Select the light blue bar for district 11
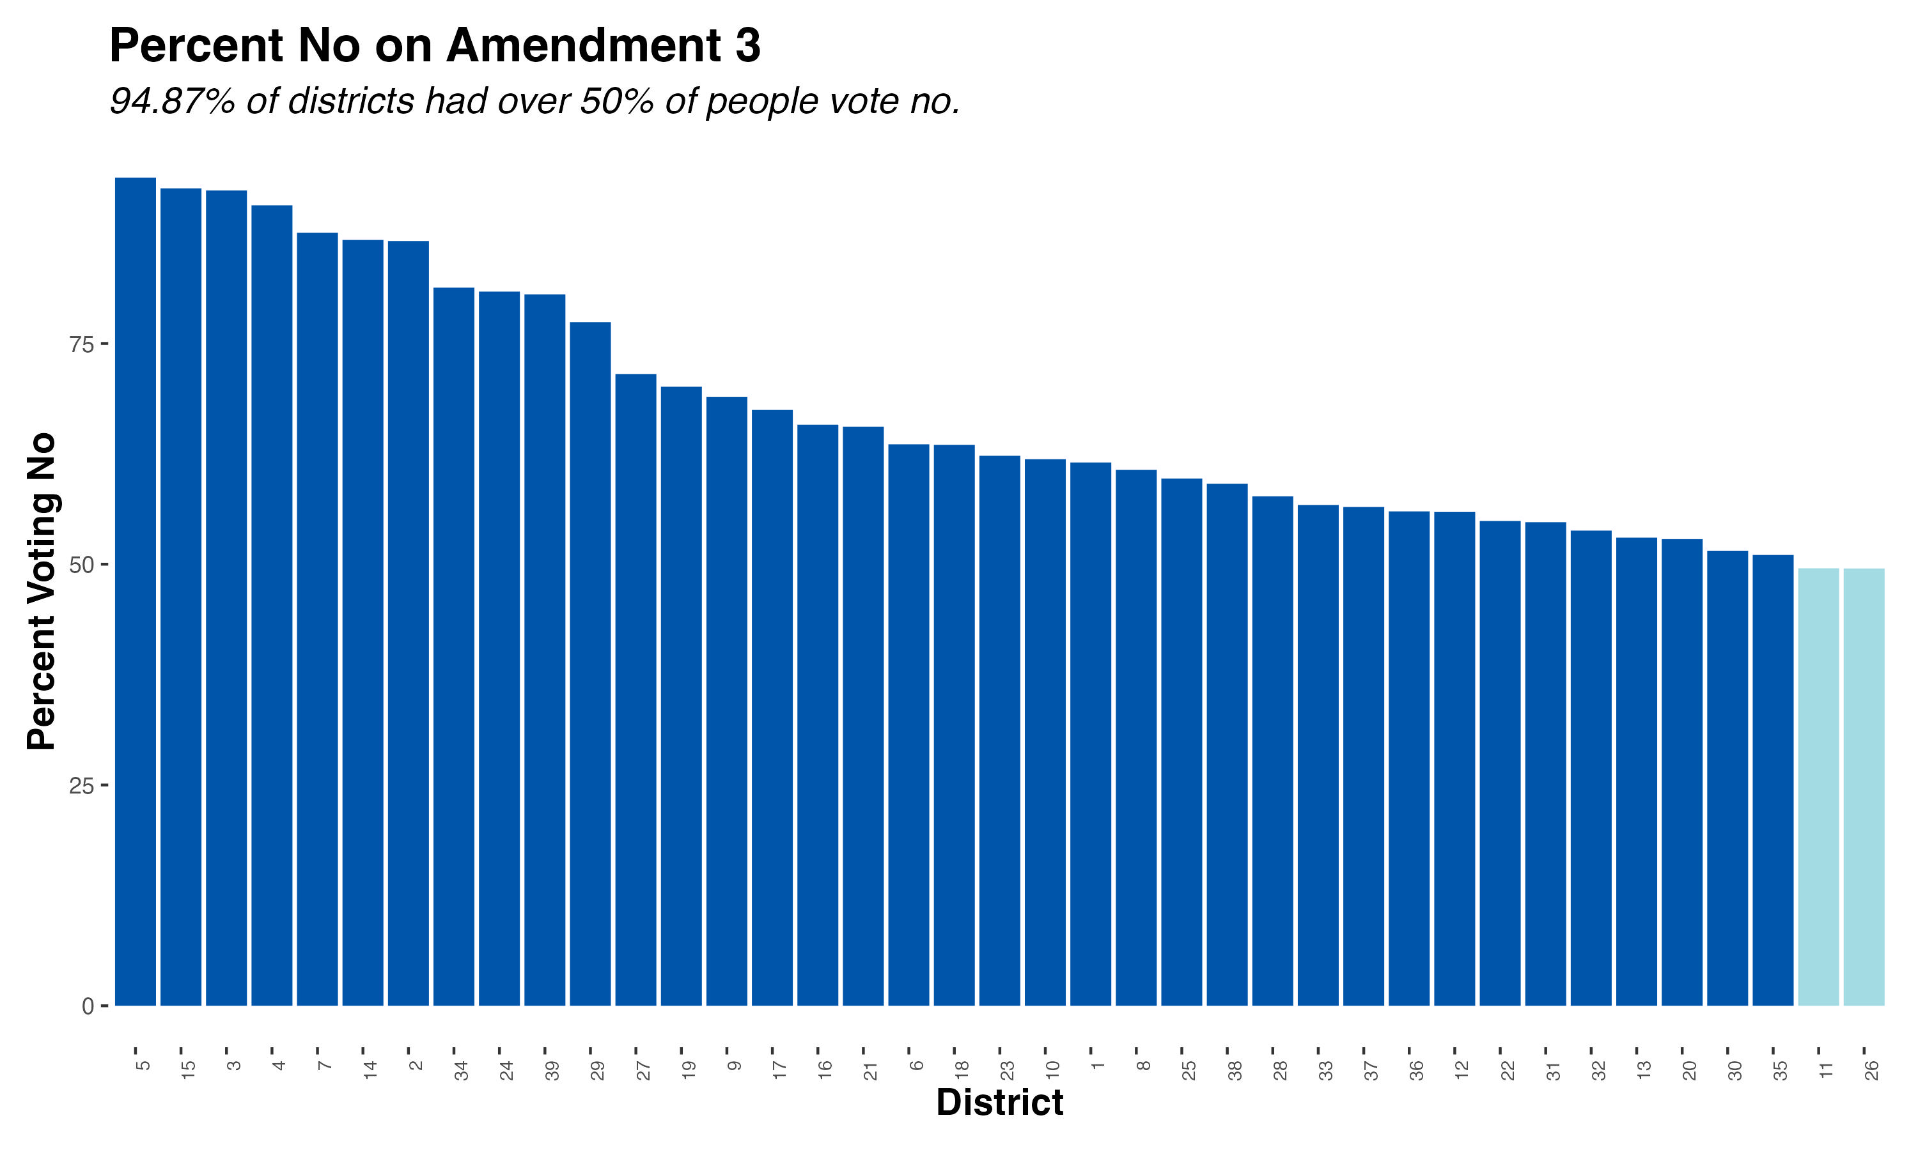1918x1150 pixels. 1818,786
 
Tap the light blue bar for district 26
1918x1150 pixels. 1864,786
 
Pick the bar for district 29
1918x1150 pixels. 590,663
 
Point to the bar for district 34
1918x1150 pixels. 453,647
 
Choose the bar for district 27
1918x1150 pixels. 635,690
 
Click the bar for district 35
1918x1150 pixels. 1773,779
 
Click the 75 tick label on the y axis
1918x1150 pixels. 81,345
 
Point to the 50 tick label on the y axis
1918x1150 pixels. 81,565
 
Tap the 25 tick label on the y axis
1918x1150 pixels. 81,786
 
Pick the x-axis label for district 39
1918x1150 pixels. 552,1070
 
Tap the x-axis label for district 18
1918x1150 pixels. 962,1070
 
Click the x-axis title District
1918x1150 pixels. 999,1102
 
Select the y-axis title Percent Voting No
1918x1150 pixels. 42,591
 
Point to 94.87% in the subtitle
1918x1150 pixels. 172,102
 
